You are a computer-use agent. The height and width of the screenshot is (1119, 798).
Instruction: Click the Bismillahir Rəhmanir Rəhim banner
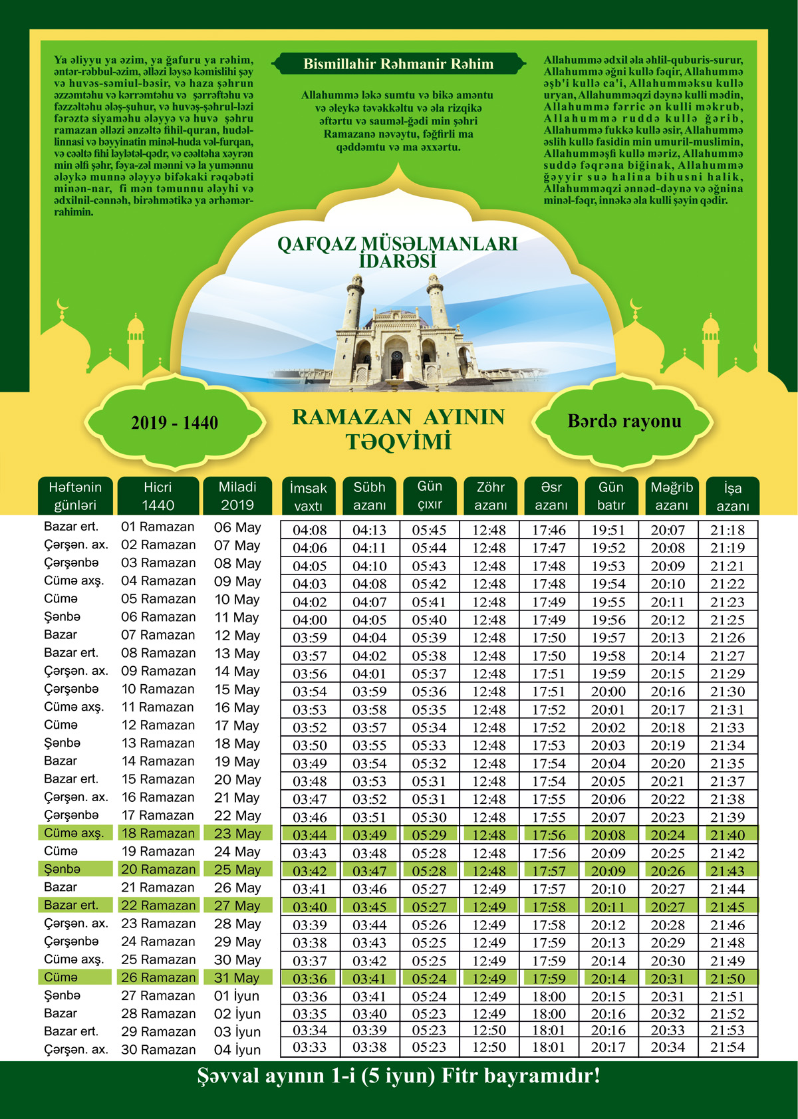(398, 64)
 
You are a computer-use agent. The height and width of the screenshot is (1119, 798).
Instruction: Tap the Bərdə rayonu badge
(624, 422)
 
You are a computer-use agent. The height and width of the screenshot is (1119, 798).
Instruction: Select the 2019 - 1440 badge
(174, 423)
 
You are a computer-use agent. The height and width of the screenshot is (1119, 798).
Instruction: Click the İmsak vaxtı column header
(309, 496)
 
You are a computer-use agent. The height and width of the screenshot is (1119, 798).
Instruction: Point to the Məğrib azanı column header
(671, 496)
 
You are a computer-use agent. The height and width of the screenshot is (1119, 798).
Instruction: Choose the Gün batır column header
(610, 496)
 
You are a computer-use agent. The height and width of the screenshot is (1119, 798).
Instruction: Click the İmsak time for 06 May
(310, 531)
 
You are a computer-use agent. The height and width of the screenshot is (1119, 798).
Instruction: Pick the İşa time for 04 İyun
(728, 1047)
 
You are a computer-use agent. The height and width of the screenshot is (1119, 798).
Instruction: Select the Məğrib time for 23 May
(668, 835)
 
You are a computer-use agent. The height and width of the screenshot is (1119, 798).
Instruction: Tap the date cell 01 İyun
(237, 996)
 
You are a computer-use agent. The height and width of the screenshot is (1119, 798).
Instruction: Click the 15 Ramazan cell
(158, 779)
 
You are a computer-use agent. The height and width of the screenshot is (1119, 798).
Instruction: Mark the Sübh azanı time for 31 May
(369, 979)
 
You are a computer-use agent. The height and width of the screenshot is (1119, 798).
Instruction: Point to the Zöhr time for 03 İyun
(489, 1031)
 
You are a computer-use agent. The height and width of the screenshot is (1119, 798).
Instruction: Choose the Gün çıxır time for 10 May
(429, 602)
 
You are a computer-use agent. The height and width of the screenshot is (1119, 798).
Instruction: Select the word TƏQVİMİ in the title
(398, 442)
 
